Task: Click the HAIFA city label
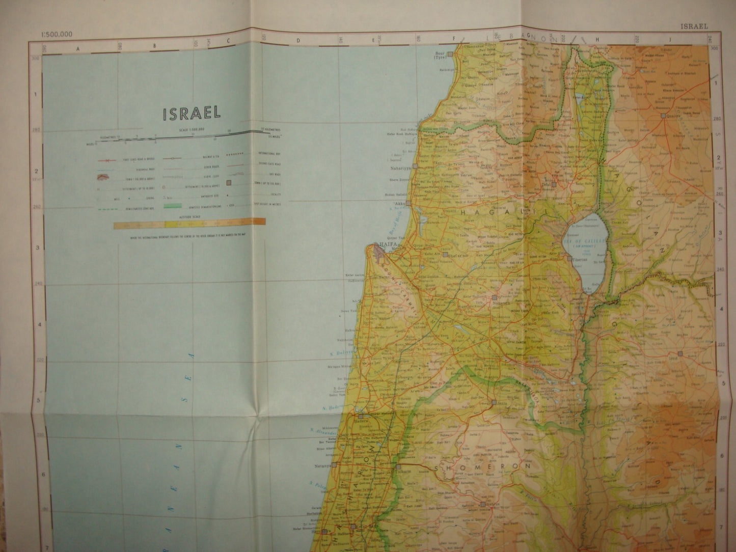[x=383, y=244]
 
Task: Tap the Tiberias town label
[x=580, y=259]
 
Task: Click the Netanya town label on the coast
[x=320, y=465]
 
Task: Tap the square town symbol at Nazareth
[x=495, y=297]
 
